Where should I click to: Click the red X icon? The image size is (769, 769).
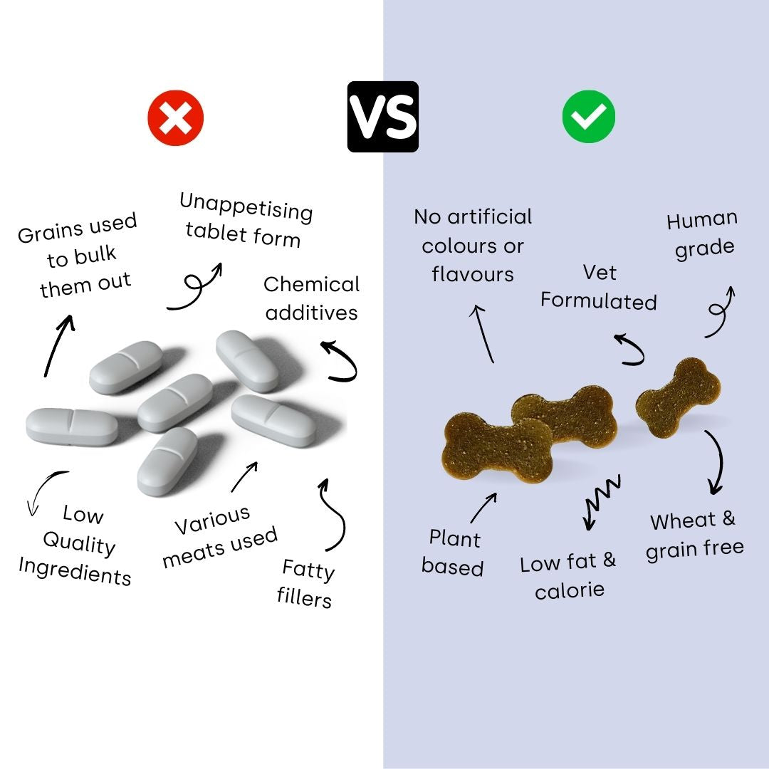point(176,117)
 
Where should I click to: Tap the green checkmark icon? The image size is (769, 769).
point(589,117)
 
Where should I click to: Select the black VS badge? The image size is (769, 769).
point(382,117)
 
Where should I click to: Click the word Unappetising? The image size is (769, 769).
point(246,207)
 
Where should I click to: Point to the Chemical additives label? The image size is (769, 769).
point(311,298)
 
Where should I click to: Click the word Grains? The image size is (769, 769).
point(50,231)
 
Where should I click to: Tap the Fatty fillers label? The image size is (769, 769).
point(306,583)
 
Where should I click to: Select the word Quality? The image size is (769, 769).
point(79,544)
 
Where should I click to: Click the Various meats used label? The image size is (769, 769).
point(220,537)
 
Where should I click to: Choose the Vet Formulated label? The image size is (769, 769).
point(599,287)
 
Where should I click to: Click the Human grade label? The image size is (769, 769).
point(702,234)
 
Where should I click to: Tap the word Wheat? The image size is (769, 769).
point(683,520)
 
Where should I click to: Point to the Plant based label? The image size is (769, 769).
point(453,553)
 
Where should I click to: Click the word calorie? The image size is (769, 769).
point(570,590)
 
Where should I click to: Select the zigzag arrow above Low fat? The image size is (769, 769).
point(602,501)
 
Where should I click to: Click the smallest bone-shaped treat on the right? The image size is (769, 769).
point(678,397)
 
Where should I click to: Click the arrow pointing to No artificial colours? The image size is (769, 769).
point(483,333)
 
